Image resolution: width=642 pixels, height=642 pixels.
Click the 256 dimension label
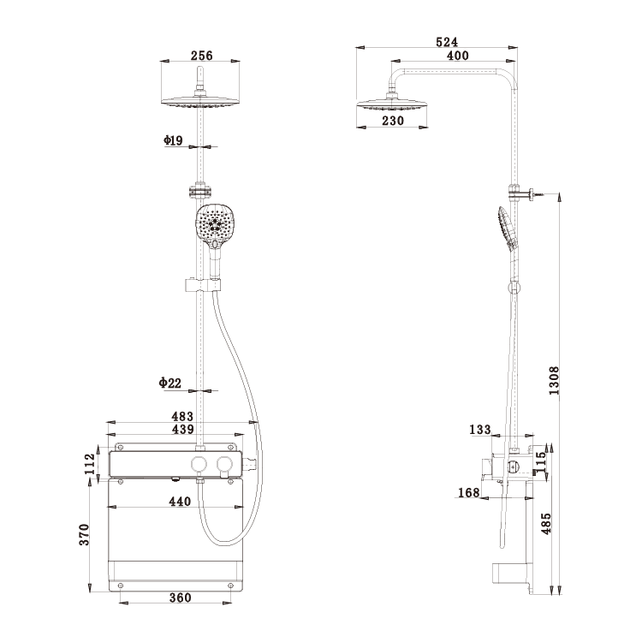(x=201, y=56)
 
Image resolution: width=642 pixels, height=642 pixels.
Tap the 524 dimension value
(x=447, y=42)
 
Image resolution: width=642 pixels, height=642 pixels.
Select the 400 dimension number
(x=457, y=56)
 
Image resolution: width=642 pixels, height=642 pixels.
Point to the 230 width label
(x=393, y=121)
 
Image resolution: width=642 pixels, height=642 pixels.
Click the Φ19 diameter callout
(x=173, y=140)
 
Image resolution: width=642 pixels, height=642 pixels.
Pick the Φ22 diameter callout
(x=170, y=383)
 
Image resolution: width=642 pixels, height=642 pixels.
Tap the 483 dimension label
(x=182, y=416)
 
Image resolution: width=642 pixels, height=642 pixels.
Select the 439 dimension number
(x=182, y=429)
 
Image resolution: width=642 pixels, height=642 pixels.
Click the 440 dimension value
(x=180, y=501)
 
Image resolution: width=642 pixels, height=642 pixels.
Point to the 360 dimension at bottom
(x=180, y=597)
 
